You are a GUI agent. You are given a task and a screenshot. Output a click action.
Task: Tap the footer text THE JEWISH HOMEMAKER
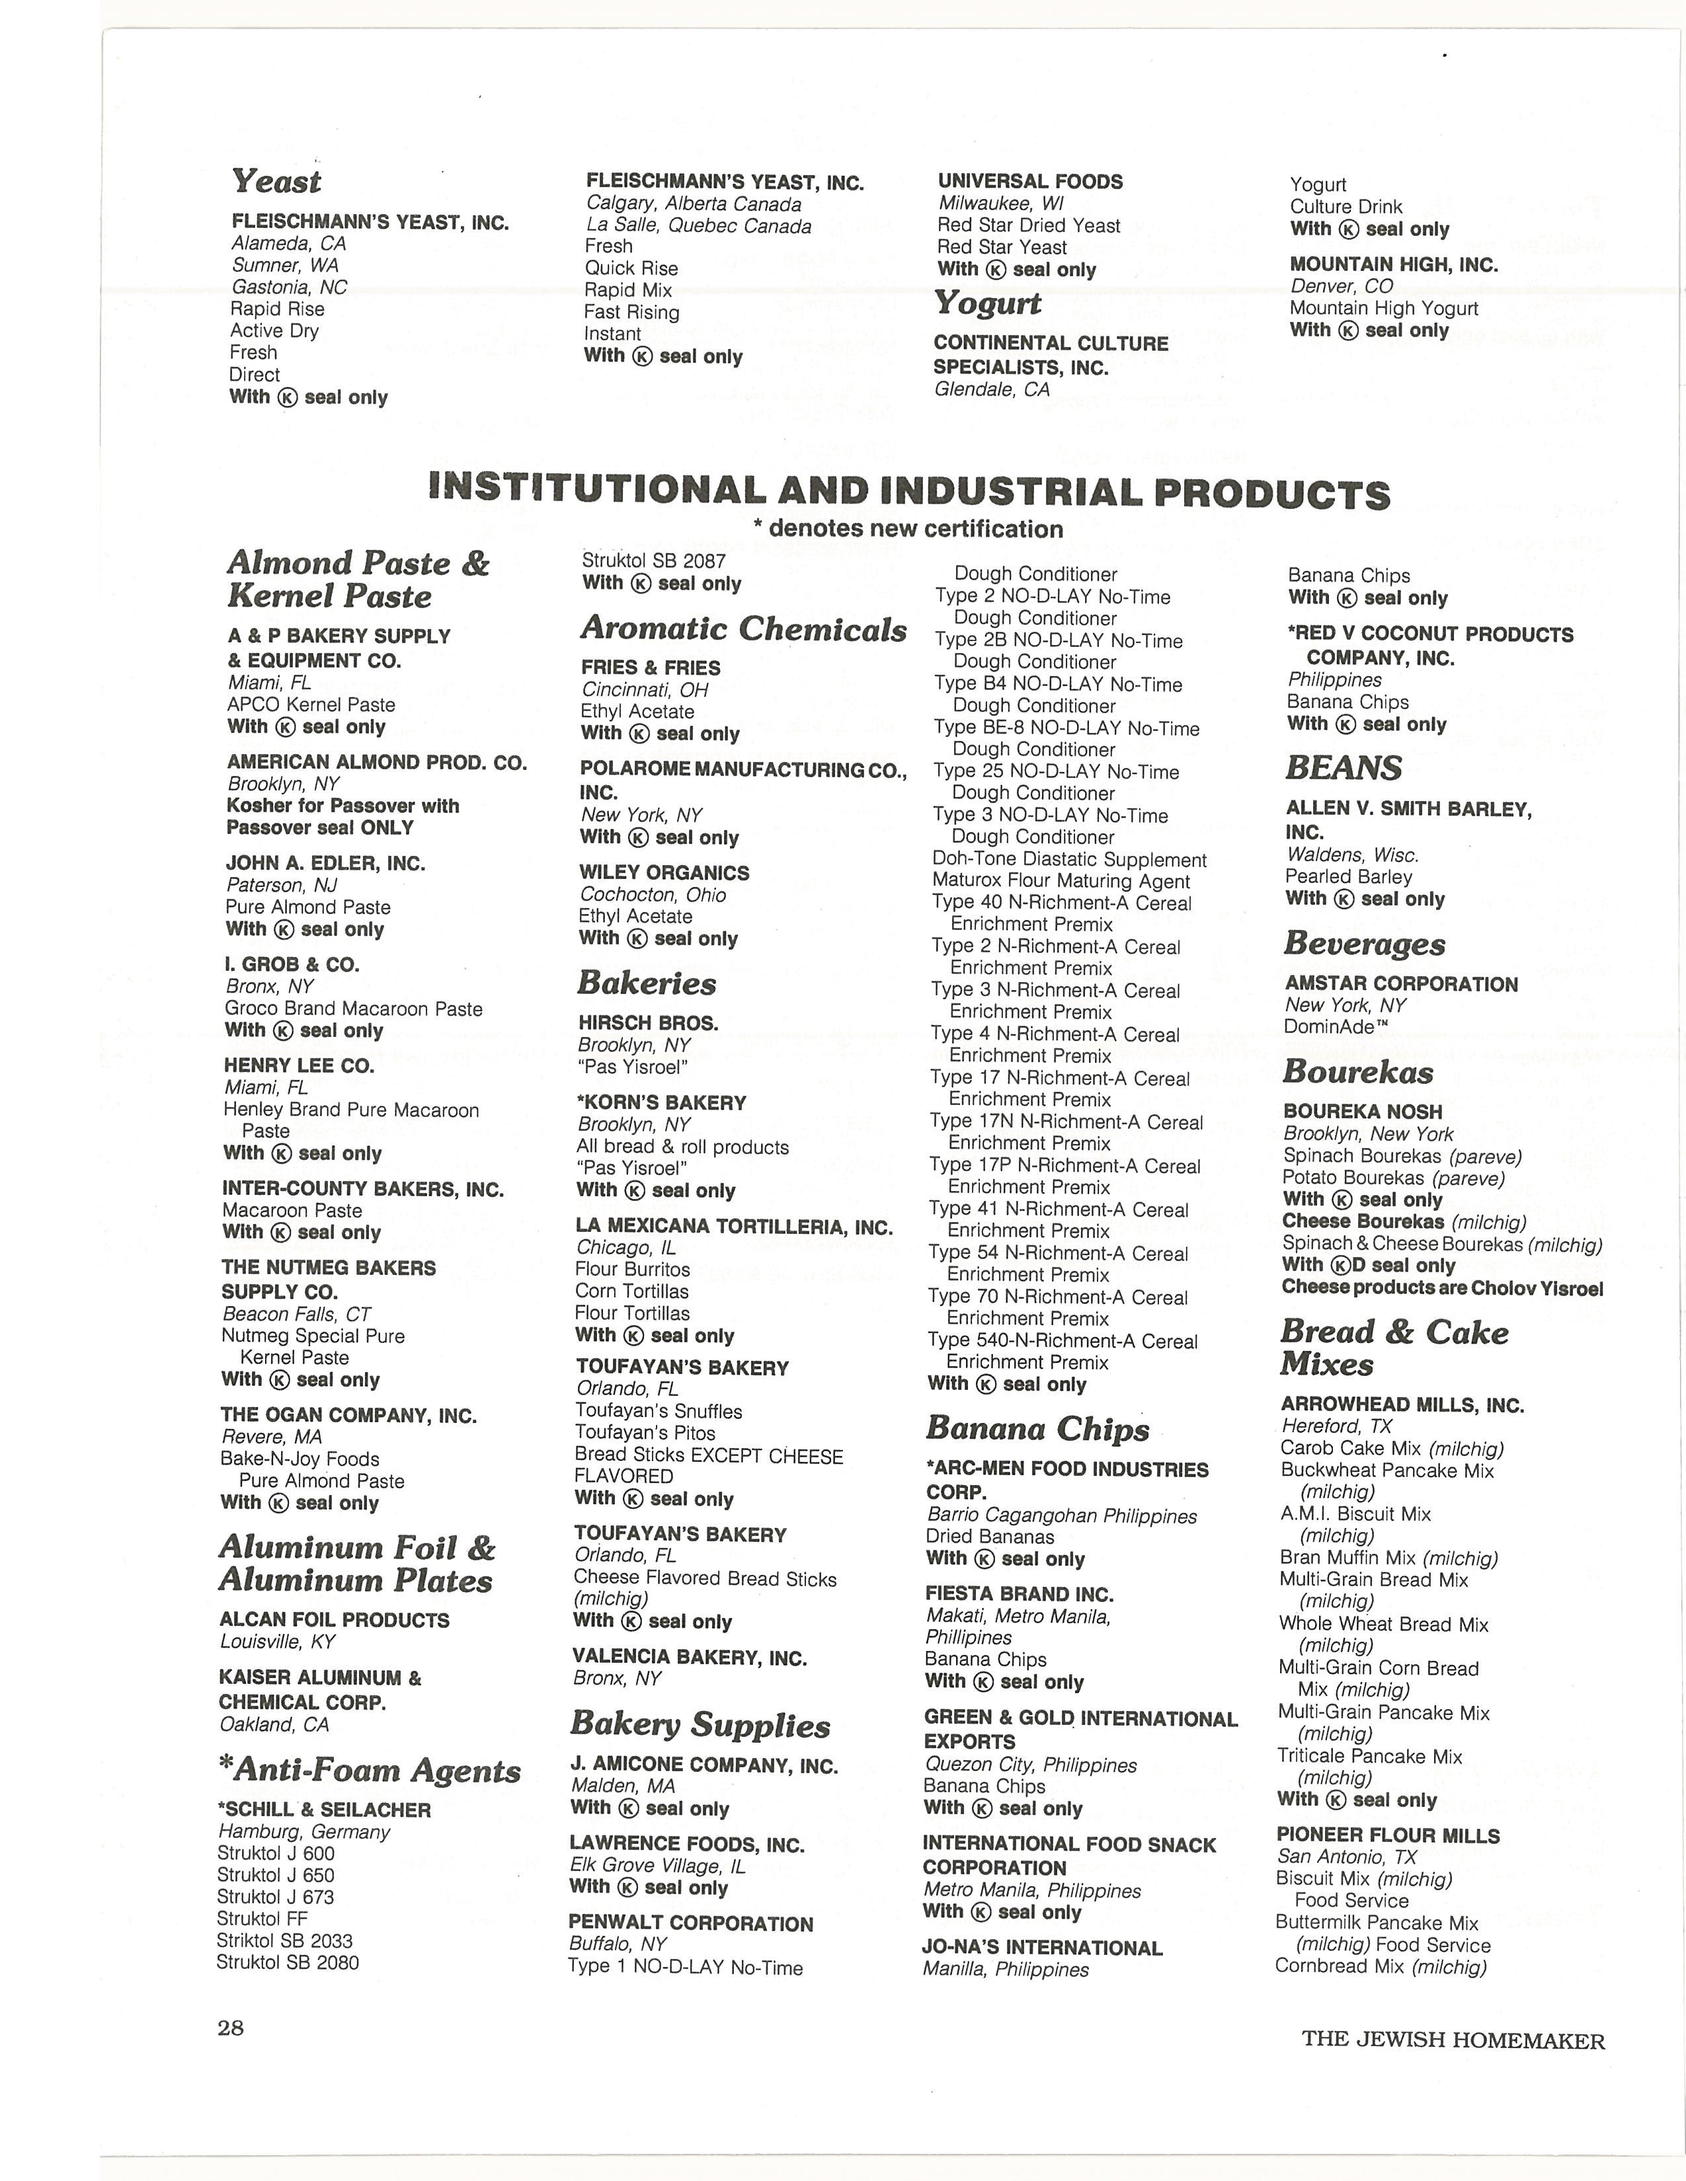1453,2040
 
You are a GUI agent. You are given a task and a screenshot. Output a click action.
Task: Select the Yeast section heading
276,182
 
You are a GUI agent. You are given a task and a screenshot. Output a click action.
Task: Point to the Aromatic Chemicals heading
744,629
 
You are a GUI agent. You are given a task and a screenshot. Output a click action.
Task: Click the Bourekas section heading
1357,1073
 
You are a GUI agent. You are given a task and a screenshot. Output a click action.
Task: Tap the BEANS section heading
1344,768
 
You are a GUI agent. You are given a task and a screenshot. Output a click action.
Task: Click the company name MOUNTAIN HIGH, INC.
1393,264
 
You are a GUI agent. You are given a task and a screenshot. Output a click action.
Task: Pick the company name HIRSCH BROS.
648,1024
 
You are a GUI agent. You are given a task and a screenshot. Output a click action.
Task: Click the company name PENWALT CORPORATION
690,1923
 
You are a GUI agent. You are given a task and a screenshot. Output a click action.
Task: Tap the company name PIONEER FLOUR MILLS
1387,1835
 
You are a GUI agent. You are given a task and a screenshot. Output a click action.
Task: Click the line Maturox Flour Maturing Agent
1061,882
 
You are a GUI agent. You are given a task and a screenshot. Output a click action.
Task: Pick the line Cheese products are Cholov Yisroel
1442,1288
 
